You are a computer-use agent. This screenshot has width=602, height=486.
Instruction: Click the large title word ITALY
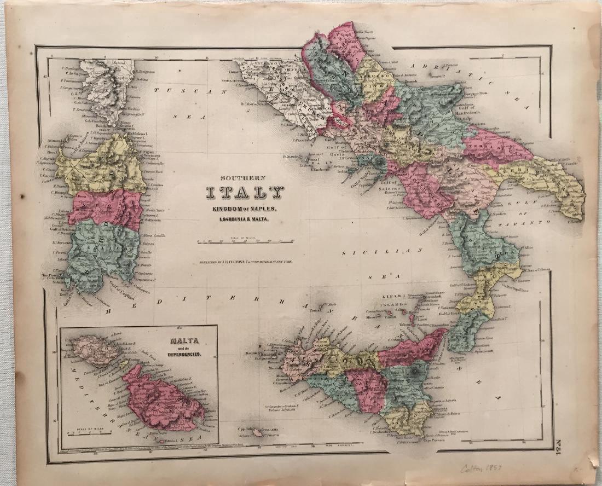click(x=245, y=193)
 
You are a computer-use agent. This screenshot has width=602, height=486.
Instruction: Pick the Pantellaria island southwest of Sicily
click(x=257, y=432)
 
